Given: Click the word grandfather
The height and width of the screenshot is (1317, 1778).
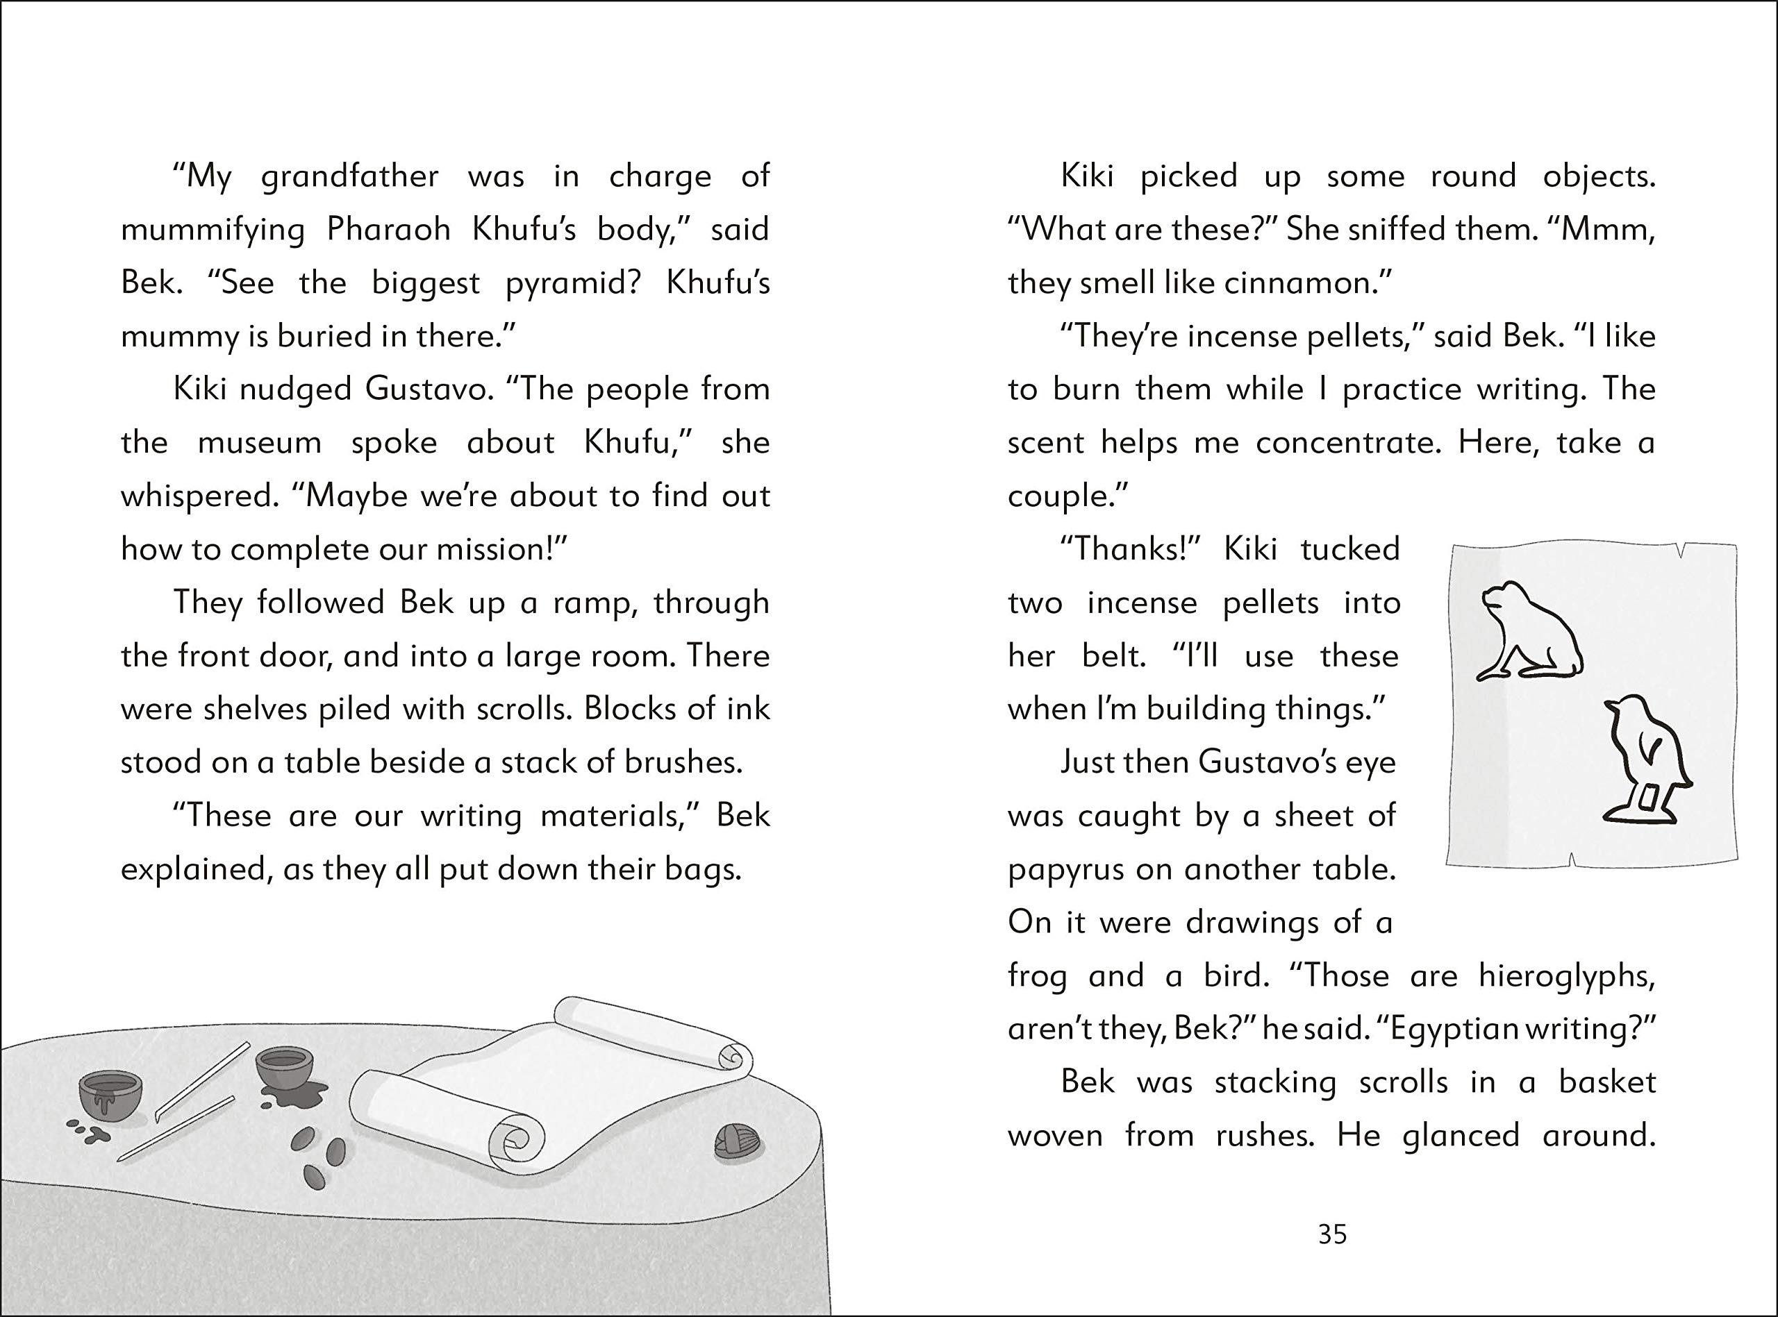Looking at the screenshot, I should [x=349, y=177].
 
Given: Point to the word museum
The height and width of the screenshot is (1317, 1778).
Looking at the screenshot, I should [x=259, y=443].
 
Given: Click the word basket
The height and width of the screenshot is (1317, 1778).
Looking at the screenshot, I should [x=1606, y=1082].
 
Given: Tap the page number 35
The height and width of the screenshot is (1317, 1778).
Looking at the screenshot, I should [x=1332, y=1235].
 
